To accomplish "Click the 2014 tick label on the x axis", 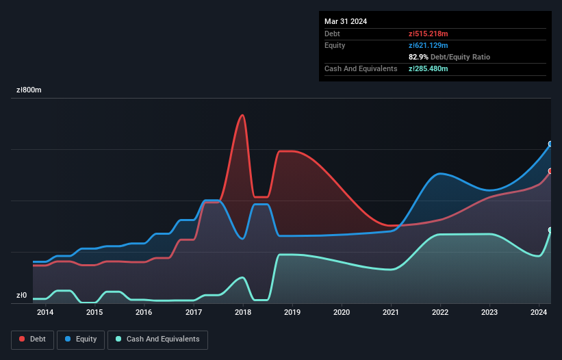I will (45, 313).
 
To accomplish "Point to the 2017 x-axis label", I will (194, 313).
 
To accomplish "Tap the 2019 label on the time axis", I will (292, 313).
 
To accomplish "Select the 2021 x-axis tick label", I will (391, 313).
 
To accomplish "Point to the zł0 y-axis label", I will (22, 296).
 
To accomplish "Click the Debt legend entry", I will (33, 339).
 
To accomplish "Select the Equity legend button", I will (81, 339).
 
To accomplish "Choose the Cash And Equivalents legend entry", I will (157, 339).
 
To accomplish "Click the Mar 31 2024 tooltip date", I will (346, 21).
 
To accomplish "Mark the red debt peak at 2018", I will (242, 115).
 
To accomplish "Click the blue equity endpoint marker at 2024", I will (550, 144).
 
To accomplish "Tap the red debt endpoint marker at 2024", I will (550, 171).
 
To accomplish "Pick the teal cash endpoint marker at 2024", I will (550, 230).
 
